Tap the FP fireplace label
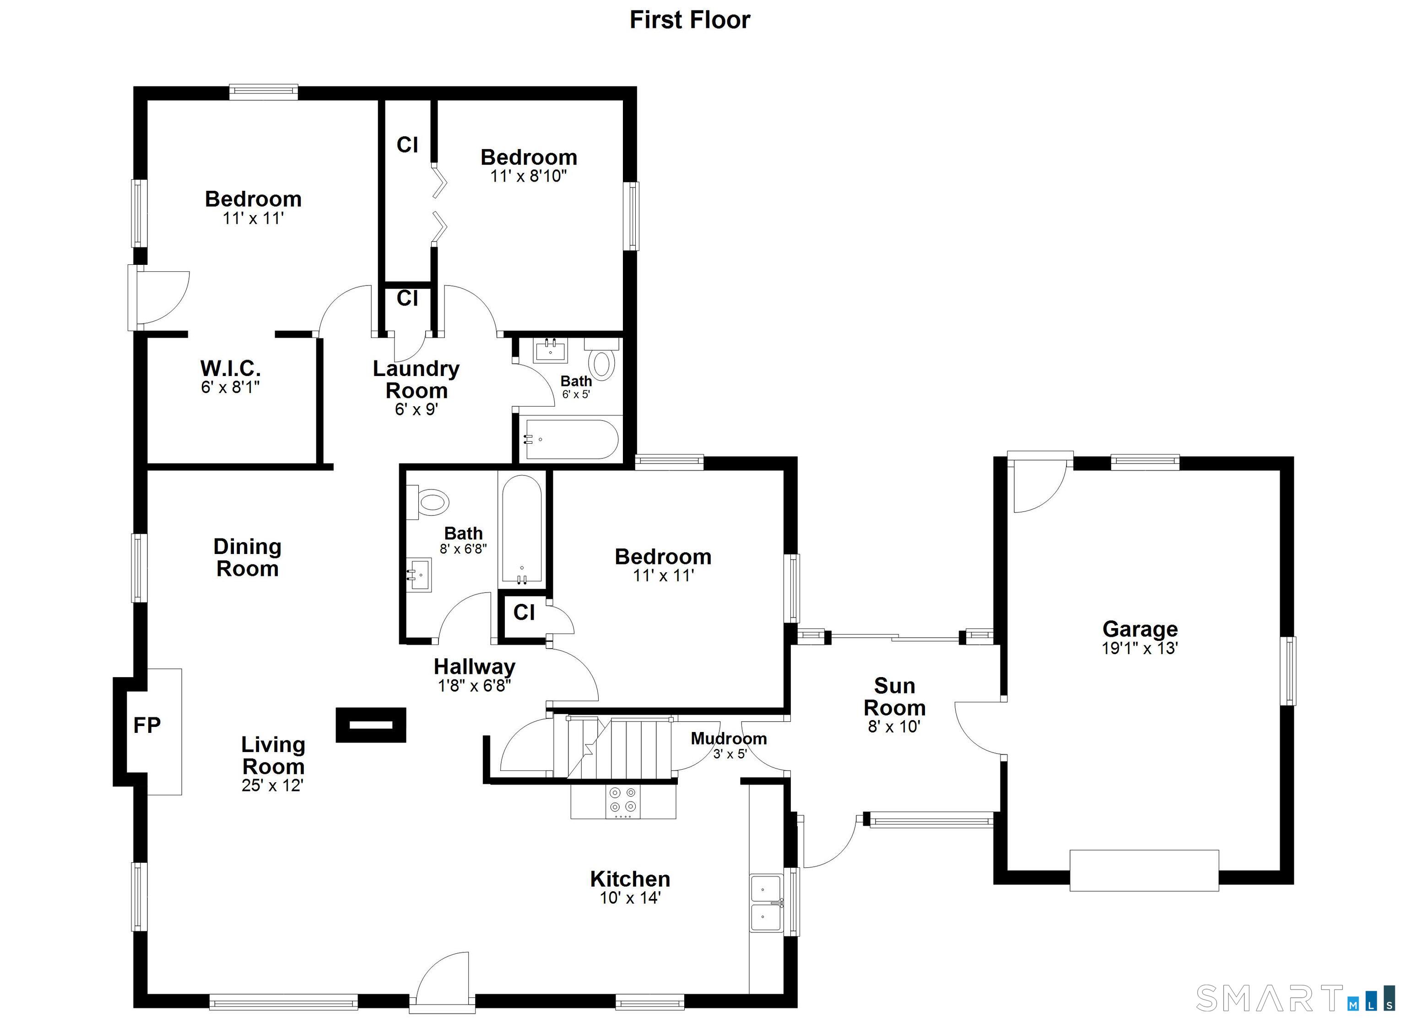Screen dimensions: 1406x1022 point(147,725)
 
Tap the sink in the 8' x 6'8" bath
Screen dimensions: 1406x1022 point(418,575)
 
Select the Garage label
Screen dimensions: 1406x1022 point(1140,629)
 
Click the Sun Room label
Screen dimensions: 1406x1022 point(895,697)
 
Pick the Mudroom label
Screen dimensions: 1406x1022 point(729,739)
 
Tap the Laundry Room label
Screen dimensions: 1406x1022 point(416,379)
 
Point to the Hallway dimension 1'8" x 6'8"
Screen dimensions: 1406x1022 point(474,685)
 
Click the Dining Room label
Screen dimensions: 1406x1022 point(247,558)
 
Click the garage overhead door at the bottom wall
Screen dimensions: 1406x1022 point(1144,870)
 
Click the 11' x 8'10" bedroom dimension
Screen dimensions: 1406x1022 point(528,176)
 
